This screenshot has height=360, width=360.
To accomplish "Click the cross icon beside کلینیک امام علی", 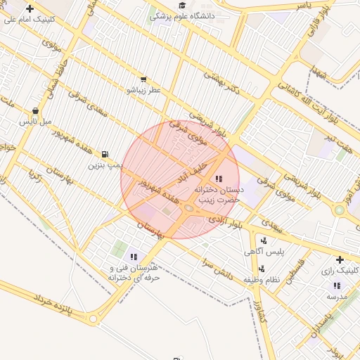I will [30, 8].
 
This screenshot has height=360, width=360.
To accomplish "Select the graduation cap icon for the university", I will [173, 6].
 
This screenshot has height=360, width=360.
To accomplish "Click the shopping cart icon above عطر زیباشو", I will [143, 79].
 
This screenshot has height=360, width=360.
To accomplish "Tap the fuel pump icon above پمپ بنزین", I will [105, 154].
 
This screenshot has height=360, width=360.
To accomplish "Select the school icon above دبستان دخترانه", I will [219, 179].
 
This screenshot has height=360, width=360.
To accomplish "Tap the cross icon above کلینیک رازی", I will [340, 259].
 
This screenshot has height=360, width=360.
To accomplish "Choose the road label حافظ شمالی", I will [54, 84].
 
